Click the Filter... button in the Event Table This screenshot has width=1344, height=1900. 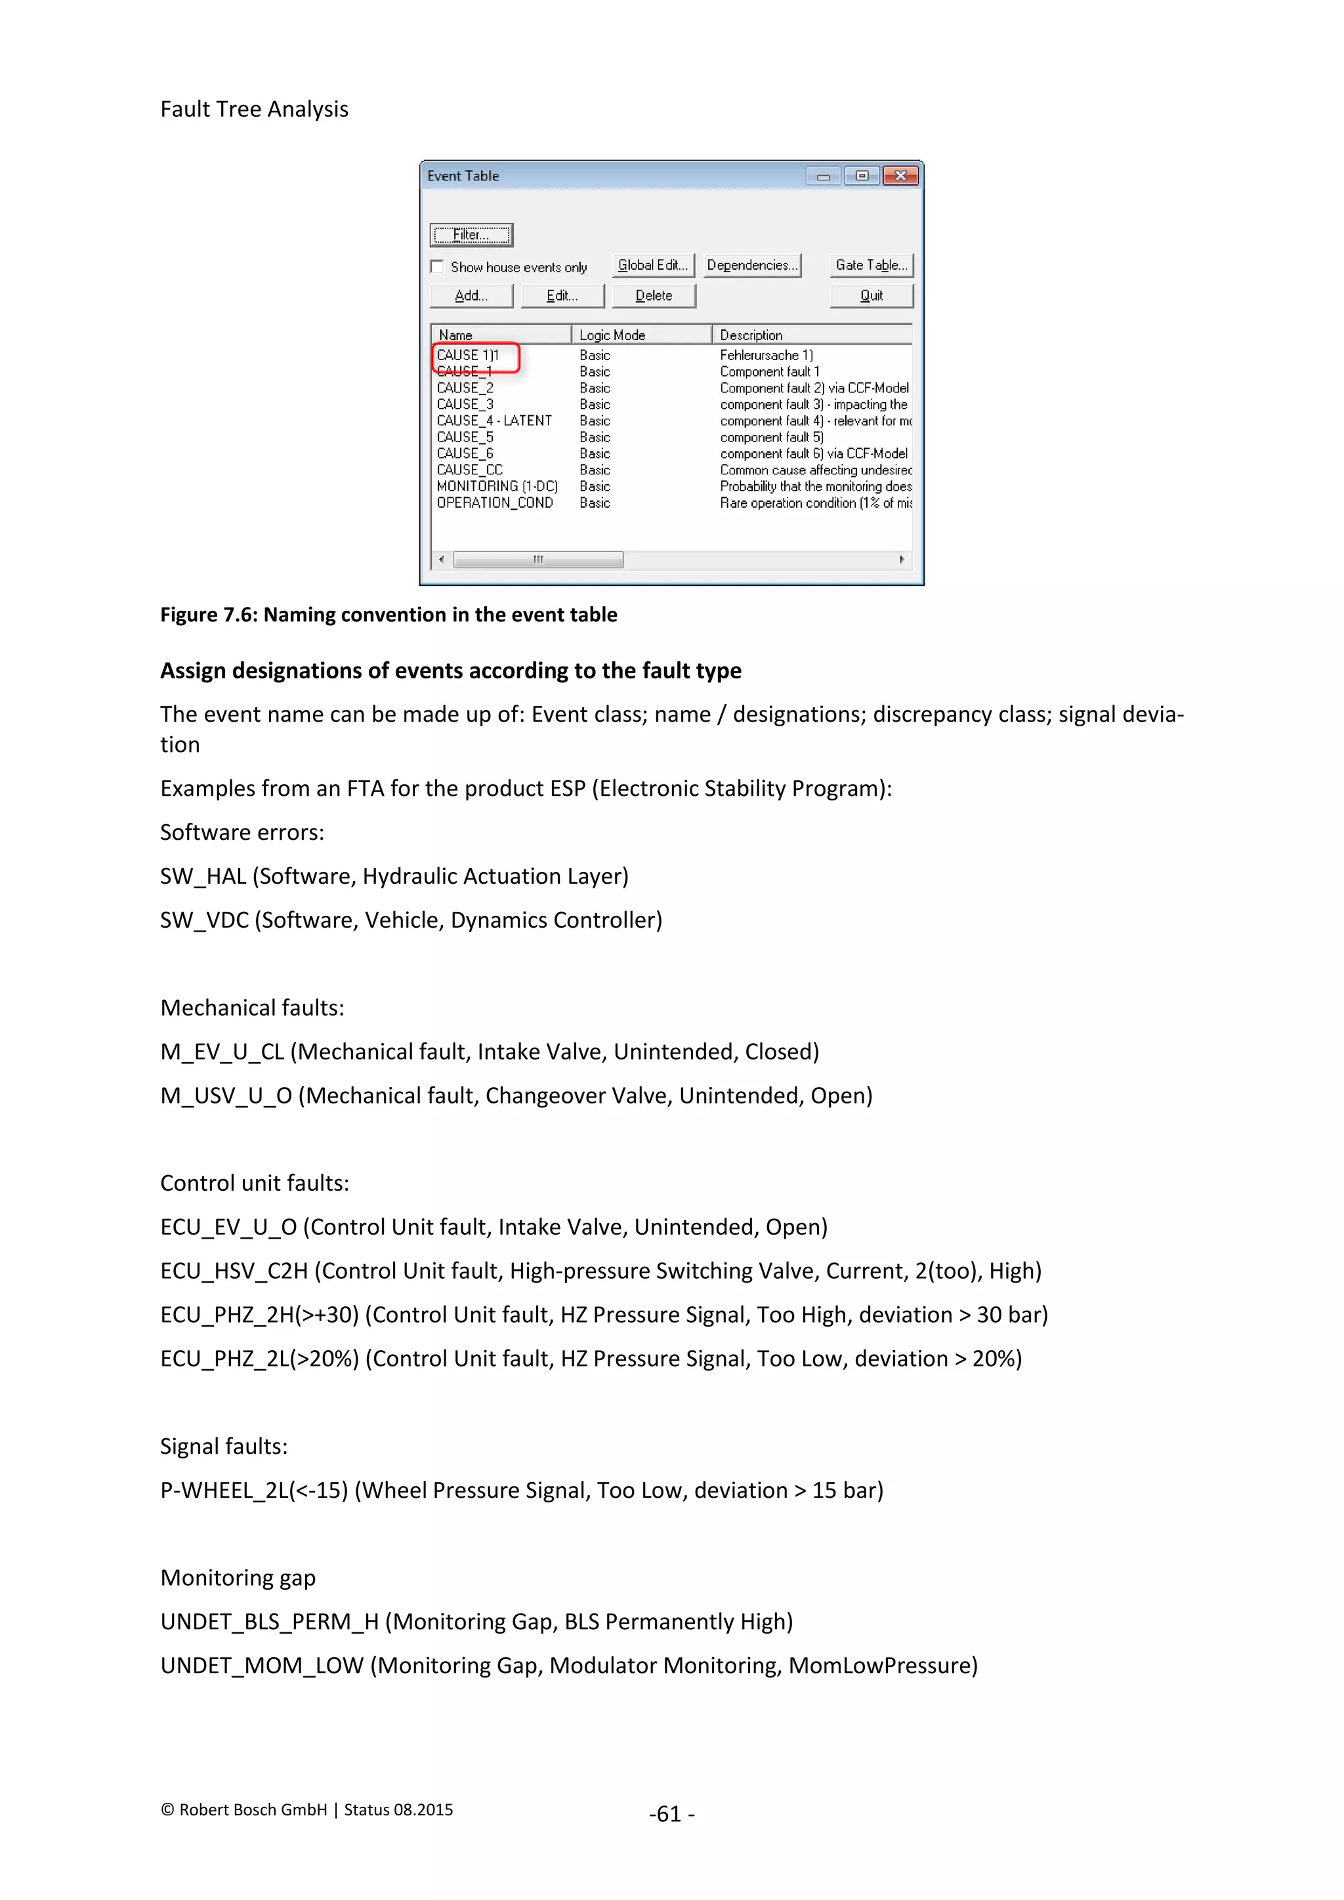point(471,235)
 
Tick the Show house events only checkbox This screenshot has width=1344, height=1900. point(437,266)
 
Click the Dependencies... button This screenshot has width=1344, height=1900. point(752,265)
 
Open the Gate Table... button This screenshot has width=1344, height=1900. point(871,265)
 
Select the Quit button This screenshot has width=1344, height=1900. point(871,295)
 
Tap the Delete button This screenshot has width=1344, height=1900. point(653,295)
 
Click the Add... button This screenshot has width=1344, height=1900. point(471,295)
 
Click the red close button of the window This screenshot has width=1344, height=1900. point(900,175)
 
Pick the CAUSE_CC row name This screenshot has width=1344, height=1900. point(469,470)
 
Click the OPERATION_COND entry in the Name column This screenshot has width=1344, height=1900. point(495,503)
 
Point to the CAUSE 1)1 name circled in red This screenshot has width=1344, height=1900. point(469,355)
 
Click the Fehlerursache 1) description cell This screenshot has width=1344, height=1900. point(766,355)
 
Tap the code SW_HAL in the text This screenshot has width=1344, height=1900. point(203,877)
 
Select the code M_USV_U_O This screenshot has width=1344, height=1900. point(226,1096)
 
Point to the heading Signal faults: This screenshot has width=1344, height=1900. point(223,1447)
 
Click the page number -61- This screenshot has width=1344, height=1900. point(671,1814)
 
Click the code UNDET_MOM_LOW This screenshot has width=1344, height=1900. point(262,1666)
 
